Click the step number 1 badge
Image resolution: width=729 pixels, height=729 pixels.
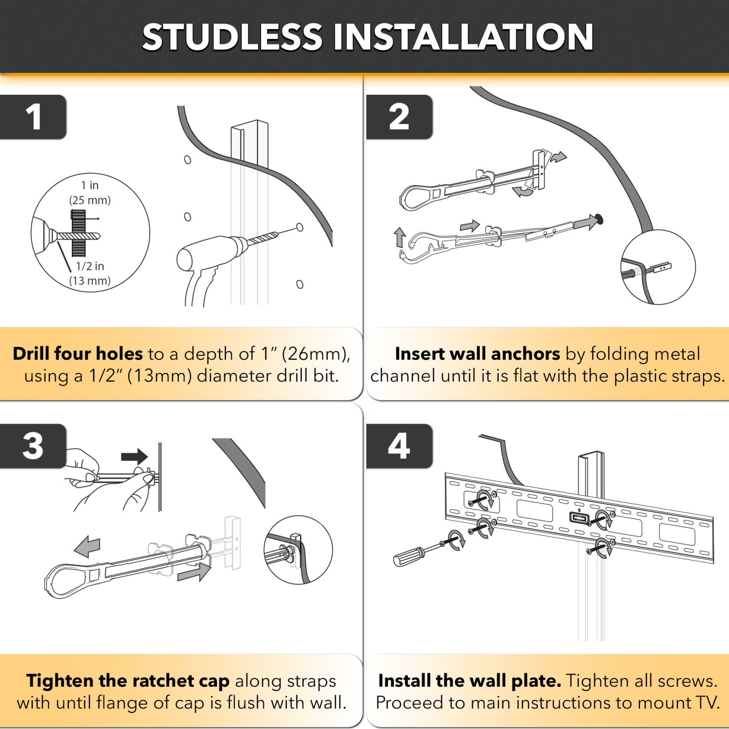click(x=33, y=117)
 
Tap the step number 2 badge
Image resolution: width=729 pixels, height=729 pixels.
click(x=399, y=117)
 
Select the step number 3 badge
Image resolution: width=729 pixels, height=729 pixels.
click(x=33, y=446)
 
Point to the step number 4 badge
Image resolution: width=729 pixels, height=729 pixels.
click(x=399, y=446)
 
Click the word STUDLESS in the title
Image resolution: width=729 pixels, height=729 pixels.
click(x=232, y=37)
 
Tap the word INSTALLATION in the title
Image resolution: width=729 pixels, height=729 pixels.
click(x=463, y=37)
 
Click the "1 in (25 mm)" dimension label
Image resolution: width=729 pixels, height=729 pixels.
click(x=90, y=192)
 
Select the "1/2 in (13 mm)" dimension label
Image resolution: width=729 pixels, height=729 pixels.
click(x=90, y=273)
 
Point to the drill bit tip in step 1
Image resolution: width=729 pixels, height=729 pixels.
click(x=278, y=234)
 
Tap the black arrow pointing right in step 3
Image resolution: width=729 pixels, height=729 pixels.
click(x=134, y=457)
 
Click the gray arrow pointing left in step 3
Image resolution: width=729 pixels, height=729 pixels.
click(x=87, y=546)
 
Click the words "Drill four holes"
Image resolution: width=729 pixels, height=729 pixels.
click(x=78, y=353)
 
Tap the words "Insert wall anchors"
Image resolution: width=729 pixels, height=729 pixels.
click(x=477, y=353)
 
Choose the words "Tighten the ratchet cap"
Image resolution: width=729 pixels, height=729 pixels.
click(x=128, y=681)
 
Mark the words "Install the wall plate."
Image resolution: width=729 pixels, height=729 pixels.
click(x=469, y=681)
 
